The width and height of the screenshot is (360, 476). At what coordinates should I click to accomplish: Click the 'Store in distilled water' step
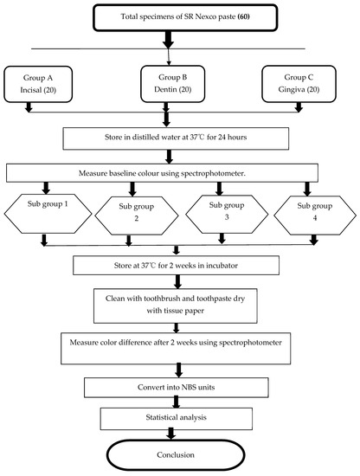[179, 137]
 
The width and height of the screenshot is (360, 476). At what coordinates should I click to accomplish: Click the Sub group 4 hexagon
[312, 213]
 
